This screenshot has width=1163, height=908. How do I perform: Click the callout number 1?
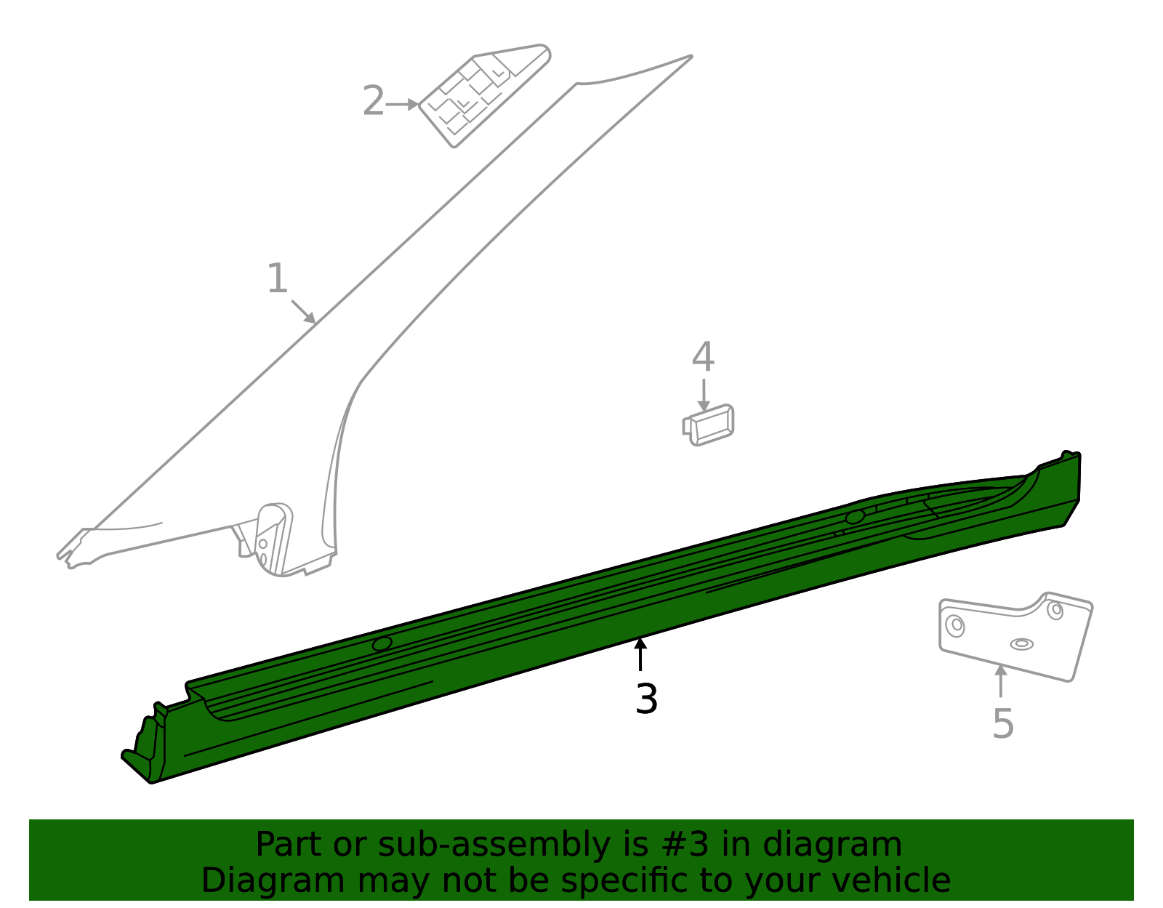point(278,279)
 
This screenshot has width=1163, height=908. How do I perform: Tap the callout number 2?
point(373,100)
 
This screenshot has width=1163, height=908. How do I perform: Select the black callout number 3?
point(646,699)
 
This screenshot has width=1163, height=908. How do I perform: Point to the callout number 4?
point(703,358)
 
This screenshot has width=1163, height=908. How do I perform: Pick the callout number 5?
point(1003,724)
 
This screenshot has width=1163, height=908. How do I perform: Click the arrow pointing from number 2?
point(402,105)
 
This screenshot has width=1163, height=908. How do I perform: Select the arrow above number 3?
point(640,653)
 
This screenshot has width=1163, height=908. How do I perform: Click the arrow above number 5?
point(1001,680)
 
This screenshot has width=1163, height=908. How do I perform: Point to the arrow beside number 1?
point(304,311)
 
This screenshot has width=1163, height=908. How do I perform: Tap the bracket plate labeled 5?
point(1014,637)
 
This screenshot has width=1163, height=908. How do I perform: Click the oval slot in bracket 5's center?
point(1021,644)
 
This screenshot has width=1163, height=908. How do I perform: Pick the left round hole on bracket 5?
point(955,625)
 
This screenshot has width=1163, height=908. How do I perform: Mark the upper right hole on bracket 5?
point(1055,610)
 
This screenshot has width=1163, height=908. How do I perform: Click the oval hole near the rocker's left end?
point(382,643)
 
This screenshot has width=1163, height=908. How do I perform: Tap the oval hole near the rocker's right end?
point(855,517)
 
